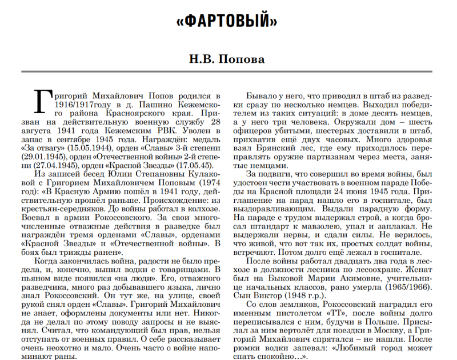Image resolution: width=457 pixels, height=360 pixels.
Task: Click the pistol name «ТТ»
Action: (x=335, y=313)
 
